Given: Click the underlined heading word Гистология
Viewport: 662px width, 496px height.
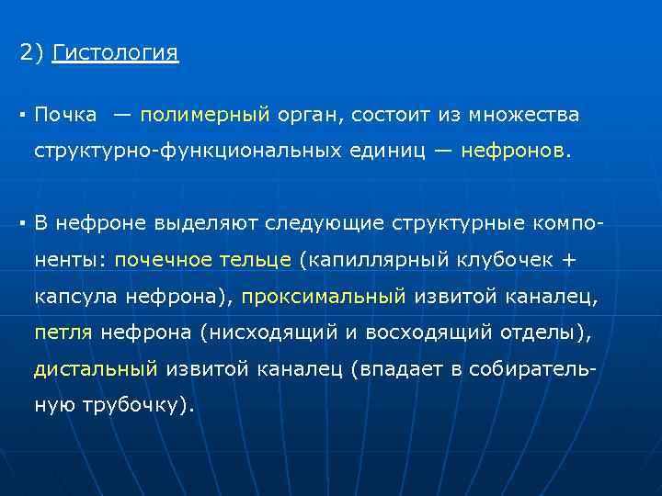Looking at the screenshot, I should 116,53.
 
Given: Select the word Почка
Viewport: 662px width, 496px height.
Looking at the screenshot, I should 65,115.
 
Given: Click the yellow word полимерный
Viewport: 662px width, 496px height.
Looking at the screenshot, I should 205,115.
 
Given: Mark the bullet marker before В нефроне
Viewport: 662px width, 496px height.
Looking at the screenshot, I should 20,222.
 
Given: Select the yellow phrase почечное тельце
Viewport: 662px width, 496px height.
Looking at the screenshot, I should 202,259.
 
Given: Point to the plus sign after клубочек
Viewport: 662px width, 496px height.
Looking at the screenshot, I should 567,259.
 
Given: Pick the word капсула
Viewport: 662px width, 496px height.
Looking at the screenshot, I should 73,296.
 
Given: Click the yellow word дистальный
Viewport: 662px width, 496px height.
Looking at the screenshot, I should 96,369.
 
